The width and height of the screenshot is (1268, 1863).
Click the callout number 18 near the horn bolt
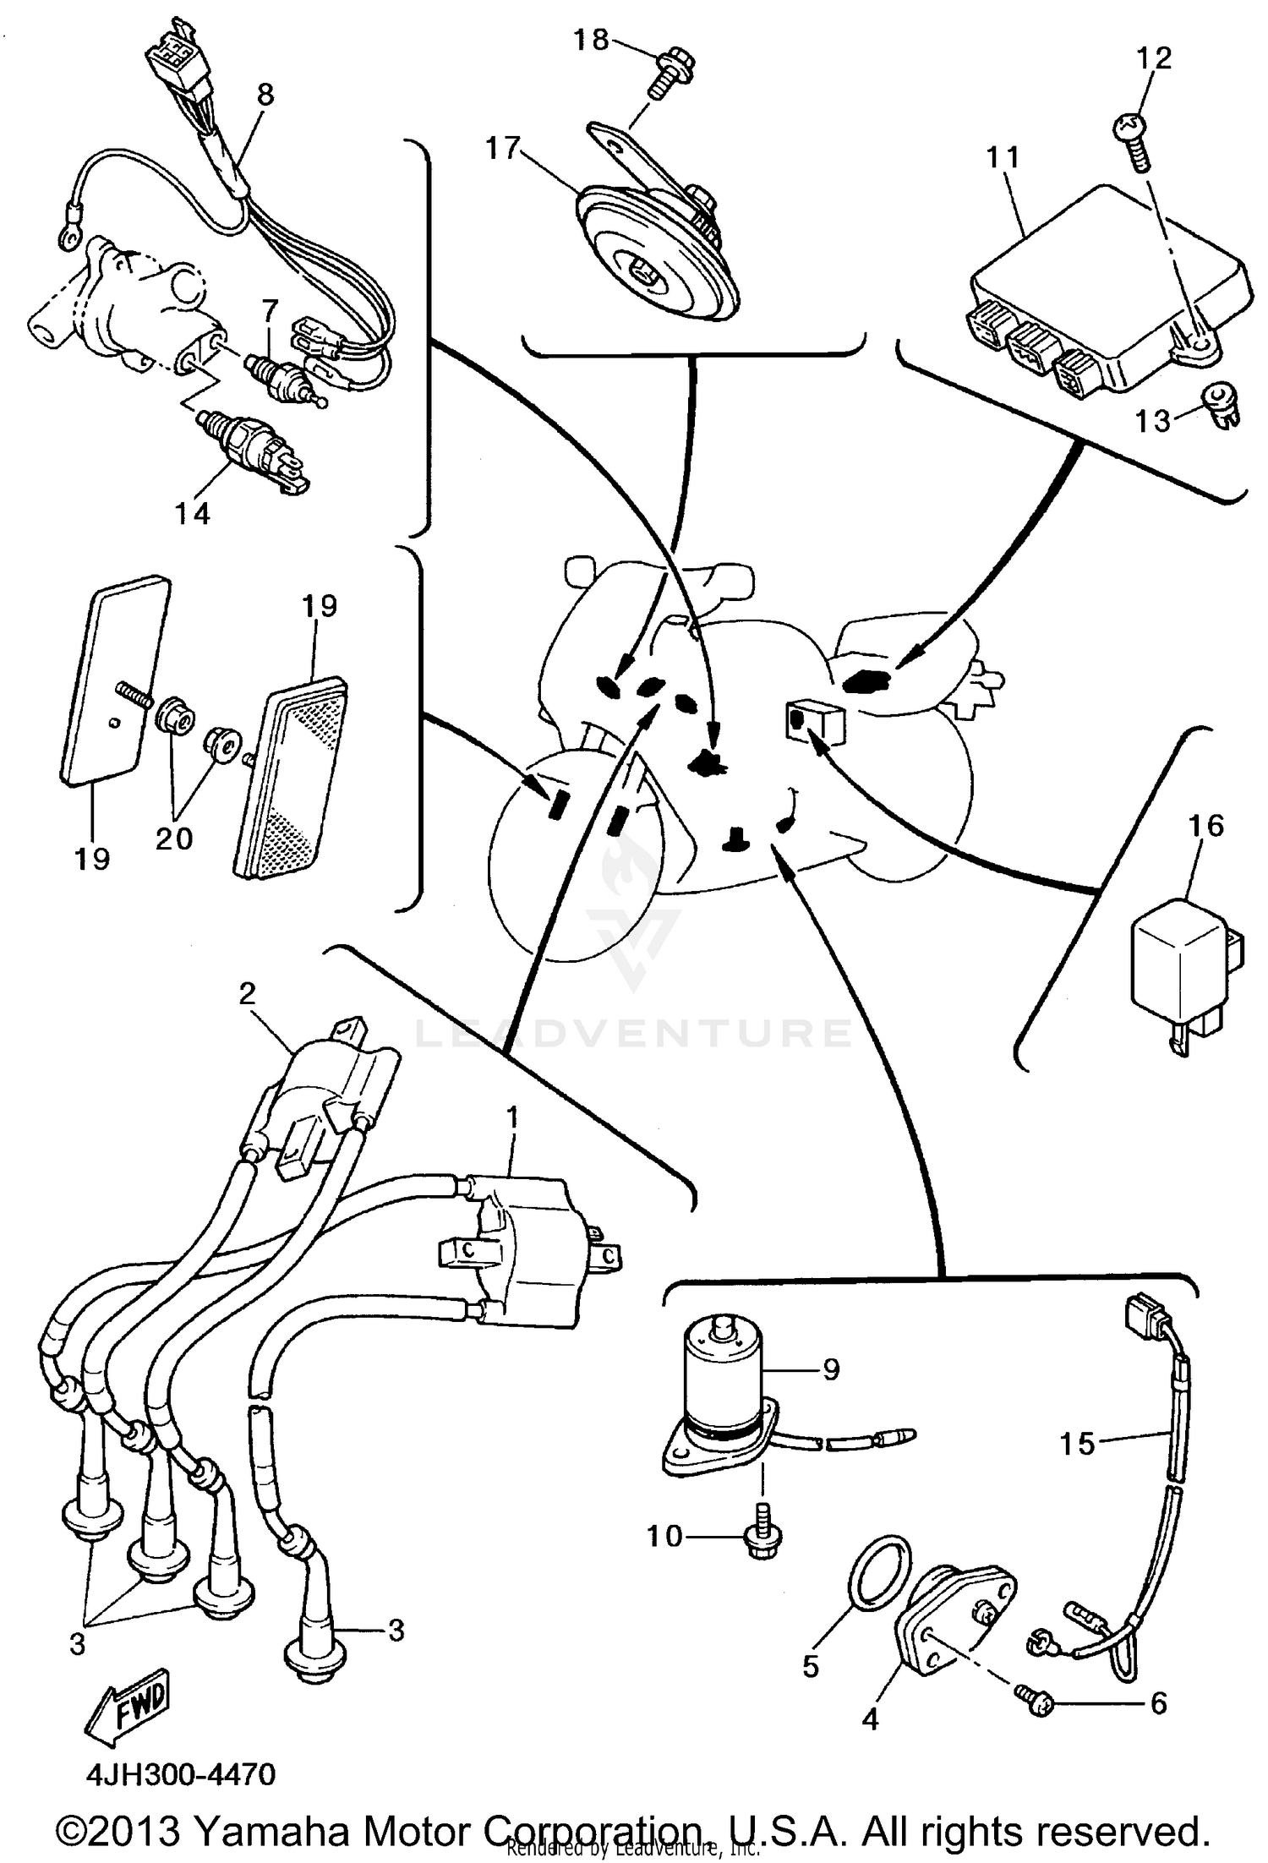click(590, 40)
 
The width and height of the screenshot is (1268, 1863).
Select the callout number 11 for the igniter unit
click(1003, 157)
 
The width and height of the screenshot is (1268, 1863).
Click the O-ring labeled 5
click(879, 1574)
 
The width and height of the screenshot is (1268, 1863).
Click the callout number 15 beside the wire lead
click(1078, 1443)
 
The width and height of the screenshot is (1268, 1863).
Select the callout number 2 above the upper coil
click(247, 992)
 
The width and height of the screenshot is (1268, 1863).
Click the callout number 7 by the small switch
click(270, 311)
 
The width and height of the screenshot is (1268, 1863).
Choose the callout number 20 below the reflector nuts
click(174, 838)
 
